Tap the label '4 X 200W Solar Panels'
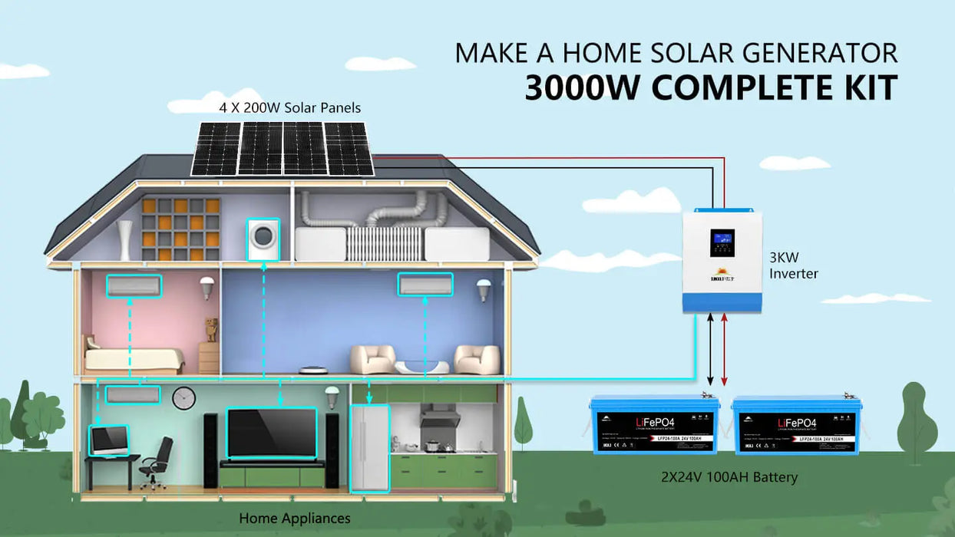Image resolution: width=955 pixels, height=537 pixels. point(290,108)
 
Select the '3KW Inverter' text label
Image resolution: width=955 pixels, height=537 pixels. point(794,265)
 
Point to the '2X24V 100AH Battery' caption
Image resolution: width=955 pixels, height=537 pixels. point(729,477)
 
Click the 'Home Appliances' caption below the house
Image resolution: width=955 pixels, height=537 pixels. point(294,519)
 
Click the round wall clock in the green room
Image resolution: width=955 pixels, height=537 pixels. point(183,398)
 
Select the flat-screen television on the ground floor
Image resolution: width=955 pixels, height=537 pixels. point(272,433)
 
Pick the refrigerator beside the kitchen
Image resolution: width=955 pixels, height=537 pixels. point(369,448)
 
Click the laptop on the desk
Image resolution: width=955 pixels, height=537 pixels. point(109,440)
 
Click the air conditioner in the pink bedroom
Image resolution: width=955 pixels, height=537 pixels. point(134,286)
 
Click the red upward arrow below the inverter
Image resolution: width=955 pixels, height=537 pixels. point(725,348)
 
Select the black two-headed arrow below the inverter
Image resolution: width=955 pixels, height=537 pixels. point(710,348)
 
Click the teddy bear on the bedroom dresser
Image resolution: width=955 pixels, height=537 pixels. point(210,329)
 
